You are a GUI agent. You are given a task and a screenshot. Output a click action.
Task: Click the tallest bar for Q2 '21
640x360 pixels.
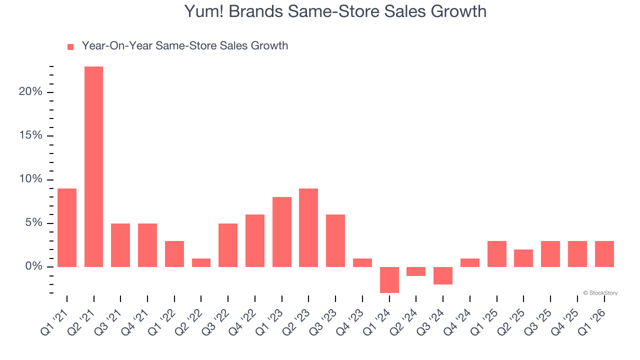point(93,166)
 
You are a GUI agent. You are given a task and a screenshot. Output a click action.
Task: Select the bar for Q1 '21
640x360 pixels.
point(67,227)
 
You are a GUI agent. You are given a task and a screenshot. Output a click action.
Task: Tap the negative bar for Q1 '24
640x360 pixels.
point(389,279)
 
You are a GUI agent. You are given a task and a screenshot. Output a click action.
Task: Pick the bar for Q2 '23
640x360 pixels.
point(308,227)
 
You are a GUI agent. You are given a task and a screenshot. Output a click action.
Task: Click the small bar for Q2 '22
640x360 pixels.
point(201,262)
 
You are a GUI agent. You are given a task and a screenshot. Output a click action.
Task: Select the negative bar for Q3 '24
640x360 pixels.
point(443,275)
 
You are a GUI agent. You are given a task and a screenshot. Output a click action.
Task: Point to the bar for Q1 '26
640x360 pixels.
point(604,254)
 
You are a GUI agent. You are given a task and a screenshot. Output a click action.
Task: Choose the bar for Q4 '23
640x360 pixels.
point(362,262)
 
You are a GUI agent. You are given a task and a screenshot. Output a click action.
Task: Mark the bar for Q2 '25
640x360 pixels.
point(523,258)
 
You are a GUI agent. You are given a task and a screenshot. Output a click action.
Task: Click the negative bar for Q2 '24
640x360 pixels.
point(416,271)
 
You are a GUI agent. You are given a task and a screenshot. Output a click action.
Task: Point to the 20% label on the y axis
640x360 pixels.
point(30,92)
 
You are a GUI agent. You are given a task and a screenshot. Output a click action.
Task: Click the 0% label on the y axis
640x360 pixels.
point(33,267)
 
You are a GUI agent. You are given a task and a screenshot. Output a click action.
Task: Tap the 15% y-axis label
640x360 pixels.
point(30,136)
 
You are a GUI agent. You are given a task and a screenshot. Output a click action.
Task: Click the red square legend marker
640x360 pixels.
point(70,46)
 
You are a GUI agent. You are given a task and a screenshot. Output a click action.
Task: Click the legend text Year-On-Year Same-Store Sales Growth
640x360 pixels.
point(185,46)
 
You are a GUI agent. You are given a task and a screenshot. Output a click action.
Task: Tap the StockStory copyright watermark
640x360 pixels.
point(600,293)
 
